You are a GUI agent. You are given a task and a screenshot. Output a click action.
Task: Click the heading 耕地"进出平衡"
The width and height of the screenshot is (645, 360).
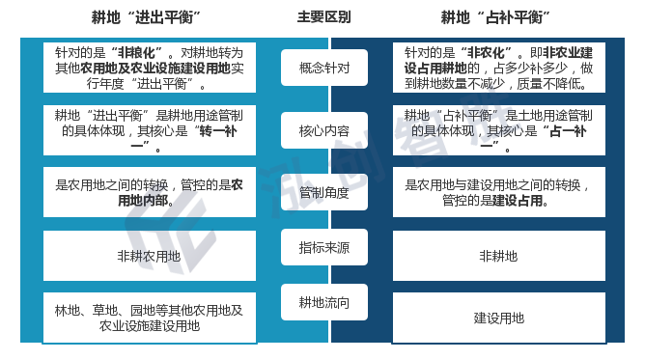(x=146, y=17)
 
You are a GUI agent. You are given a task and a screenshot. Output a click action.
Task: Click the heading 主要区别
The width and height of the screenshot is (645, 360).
(x=324, y=17)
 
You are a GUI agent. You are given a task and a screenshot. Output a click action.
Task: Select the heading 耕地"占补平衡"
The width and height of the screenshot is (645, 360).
(x=495, y=17)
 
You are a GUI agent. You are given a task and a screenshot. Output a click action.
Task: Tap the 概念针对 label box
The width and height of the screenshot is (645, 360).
(x=324, y=68)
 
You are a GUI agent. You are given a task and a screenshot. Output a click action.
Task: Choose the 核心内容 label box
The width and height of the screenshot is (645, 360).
(x=324, y=130)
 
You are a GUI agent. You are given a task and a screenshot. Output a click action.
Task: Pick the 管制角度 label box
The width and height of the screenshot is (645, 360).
(x=324, y=192)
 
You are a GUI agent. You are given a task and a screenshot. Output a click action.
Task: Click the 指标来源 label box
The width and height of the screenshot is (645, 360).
(x=324, y=247)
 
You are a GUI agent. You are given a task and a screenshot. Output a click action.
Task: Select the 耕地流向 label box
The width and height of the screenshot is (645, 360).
(x=324, y=302)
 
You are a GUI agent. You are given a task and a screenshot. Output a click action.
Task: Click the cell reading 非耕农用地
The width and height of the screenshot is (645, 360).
(x=150, y=256)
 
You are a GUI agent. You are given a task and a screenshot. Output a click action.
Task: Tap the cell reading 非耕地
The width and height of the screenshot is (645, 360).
(x=499, y=256)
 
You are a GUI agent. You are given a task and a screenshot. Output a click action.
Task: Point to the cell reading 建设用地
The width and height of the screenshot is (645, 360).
(x=499, y=318)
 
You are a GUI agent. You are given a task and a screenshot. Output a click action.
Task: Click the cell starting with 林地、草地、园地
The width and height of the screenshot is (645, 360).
(x=150, y=318)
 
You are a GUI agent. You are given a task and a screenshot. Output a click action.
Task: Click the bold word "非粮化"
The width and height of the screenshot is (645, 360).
(x=136, y=53)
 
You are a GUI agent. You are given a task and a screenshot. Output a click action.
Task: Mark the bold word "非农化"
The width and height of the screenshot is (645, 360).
(x=487, y=53)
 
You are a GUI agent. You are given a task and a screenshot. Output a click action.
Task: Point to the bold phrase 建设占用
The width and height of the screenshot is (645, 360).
(x=518, y=201)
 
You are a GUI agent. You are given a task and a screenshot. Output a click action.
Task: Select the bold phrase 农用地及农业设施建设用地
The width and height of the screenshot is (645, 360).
(x=155, y=69)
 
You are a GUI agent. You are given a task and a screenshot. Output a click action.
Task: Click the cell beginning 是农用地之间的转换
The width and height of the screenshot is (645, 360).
(x=150, y=192)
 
